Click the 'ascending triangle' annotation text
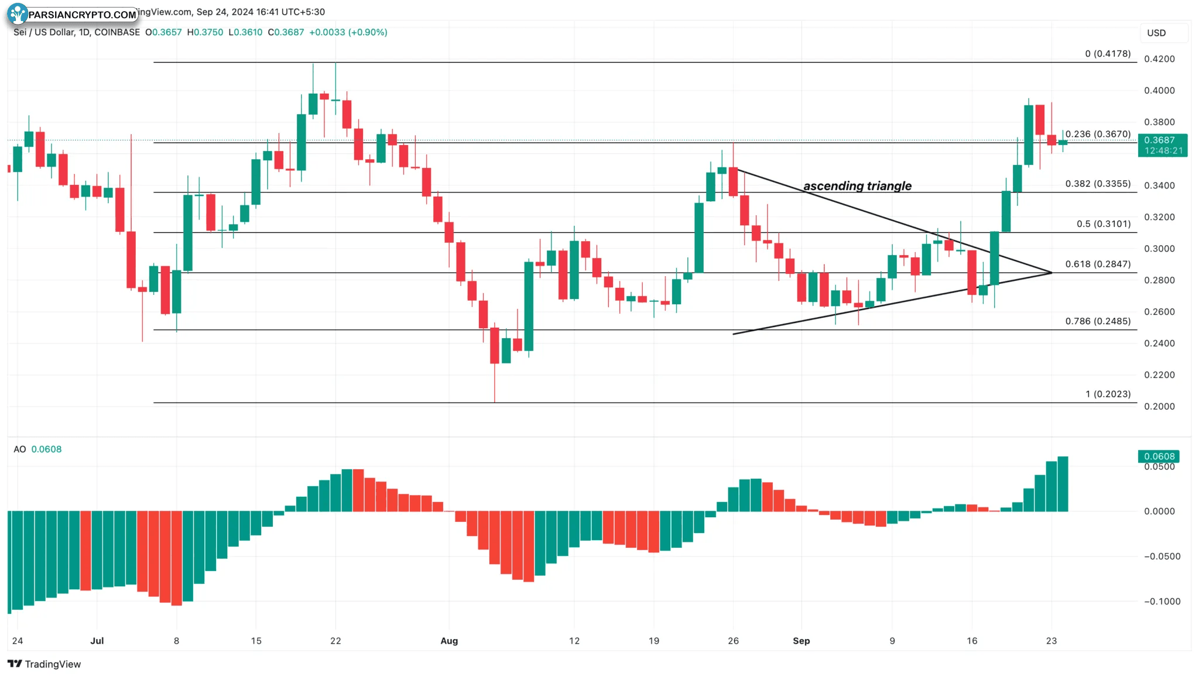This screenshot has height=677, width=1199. [857, 186]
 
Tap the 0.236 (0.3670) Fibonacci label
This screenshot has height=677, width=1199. [1098, 134]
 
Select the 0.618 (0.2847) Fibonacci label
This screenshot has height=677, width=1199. [1098, 264]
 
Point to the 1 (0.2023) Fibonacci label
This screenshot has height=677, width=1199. [1108, 394]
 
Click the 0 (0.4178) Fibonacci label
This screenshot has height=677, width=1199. [1108, 54]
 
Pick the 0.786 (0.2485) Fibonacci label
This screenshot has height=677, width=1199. [1098, 321]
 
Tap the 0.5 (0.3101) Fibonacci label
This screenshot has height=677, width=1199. [1104, 224]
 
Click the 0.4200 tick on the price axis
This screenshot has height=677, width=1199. [1159, 59]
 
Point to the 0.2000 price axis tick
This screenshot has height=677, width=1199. [1159, 407]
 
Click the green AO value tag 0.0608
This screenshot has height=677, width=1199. [1159, 456]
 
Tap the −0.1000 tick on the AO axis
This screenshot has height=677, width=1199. [1162, 602]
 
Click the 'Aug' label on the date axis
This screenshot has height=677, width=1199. [449, 641]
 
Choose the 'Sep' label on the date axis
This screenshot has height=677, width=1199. [801, 641]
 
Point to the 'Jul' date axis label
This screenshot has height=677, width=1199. [97, 641]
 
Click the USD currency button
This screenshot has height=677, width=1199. [1156, 33]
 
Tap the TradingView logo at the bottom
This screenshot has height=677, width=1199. [44, 664]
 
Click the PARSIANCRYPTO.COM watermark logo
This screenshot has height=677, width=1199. [73, 14]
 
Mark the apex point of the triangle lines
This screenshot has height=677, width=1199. [1051, 273]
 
